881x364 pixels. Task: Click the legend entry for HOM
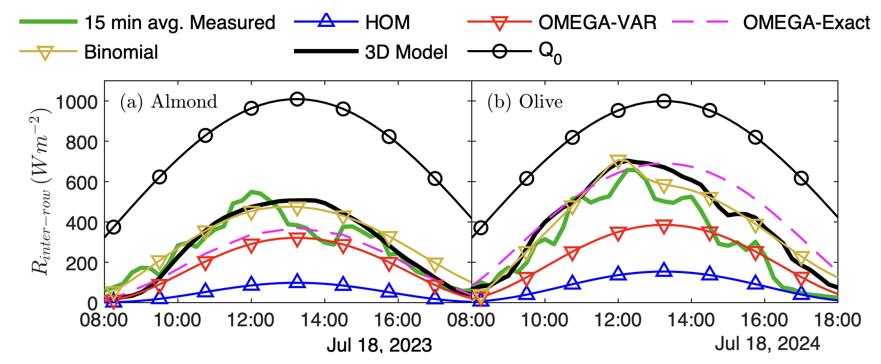pos(387,23)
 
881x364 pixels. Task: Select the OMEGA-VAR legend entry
pos(597,23)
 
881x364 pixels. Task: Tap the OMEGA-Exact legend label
pos(806,23)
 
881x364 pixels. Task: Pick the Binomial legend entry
pos(121,52)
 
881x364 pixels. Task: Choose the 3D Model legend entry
pos(407,52)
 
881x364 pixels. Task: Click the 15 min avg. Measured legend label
pos(179,23)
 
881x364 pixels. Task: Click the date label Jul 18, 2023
pos(379,345)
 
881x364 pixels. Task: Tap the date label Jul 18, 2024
pos(767,344)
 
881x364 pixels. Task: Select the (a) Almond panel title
pos(168,102)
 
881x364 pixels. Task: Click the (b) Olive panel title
pos(525,102)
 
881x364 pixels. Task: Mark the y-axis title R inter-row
pos(42,191)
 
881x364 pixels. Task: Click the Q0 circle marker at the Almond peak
pos(297,99)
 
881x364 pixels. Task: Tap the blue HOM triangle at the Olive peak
pos(664,270)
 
